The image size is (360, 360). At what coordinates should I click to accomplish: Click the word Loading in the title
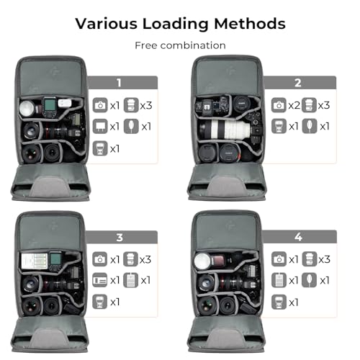(x=176, y=24)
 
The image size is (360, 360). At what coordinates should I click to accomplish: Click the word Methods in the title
(x=250, y=24)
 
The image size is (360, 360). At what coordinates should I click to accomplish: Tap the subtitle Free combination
(x=180, y=45)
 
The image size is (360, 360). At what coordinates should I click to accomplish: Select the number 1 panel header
(x=123, y=83)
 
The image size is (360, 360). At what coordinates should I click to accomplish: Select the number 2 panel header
(x=300, y=83)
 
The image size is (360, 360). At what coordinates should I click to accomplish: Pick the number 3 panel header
(x=122, y=238)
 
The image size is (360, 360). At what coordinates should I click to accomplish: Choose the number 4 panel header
(x=300, y=237)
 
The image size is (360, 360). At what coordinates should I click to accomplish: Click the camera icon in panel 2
(x=279, y=105)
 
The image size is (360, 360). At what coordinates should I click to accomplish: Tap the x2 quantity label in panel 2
(x=294, y=106)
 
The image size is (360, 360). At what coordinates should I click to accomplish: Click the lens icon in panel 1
(x=131, y=105)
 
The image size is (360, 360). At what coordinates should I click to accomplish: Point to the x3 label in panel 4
(x=325, y=259)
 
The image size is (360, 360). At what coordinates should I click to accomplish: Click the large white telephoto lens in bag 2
(x=225, y=130)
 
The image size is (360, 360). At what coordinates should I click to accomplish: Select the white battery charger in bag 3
(x=35, y=261)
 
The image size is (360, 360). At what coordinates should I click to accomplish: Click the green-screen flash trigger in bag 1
(x=50, y=107)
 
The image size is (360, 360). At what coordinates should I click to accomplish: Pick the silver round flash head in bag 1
(x=27, y=109)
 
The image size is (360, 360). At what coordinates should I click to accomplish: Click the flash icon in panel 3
(x=100, y=302)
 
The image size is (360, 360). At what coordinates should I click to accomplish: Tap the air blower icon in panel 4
(x=310, y=280)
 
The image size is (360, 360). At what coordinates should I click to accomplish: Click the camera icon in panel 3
(x=100, y=259)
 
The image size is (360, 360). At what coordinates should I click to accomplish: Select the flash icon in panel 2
(x=279, y=126)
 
